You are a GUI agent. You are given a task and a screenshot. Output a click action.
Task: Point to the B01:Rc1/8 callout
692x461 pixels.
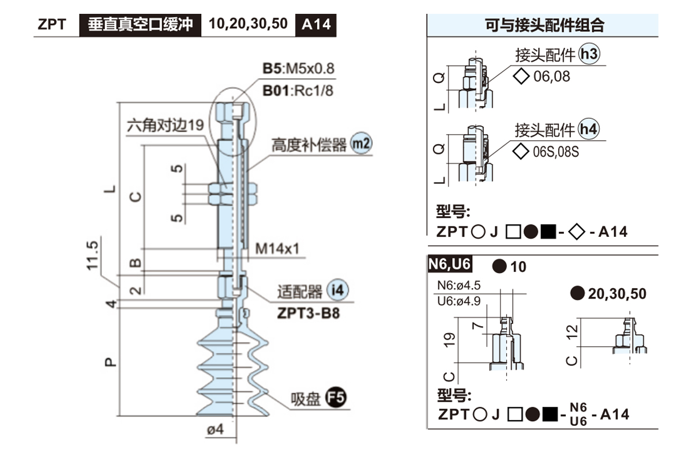click(299, 90)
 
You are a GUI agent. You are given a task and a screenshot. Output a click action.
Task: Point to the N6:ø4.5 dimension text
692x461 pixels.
click(460, 285)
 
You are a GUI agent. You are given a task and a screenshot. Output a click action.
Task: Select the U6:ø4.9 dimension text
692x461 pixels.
click(460, 301)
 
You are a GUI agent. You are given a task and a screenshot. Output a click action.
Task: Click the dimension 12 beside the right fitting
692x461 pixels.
click(571, 332)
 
